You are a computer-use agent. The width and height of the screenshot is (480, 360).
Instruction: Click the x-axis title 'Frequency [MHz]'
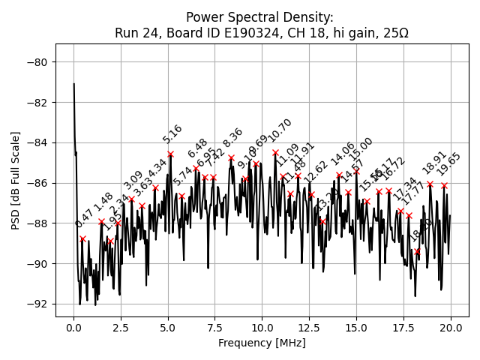coord(262,343)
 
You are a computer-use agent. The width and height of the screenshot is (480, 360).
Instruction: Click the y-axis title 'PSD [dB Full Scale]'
coord(16,180)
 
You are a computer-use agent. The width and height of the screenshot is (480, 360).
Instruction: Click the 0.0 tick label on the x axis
coord(73,328)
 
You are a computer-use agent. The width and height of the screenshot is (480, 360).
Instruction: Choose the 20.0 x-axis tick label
coord(451,328)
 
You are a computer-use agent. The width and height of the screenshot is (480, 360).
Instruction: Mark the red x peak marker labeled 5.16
coord(171,154)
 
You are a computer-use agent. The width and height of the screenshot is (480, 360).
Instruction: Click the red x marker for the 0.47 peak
coord(82,238)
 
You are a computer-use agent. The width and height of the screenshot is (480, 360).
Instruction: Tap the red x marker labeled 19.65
coord(444,185)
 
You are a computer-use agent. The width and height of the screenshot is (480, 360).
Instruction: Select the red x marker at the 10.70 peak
coord(275,152)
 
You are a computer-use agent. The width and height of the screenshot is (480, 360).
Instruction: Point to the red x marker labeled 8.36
coord(231,158)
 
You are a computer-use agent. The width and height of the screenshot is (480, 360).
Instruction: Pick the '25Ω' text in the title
coord(394,33)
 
